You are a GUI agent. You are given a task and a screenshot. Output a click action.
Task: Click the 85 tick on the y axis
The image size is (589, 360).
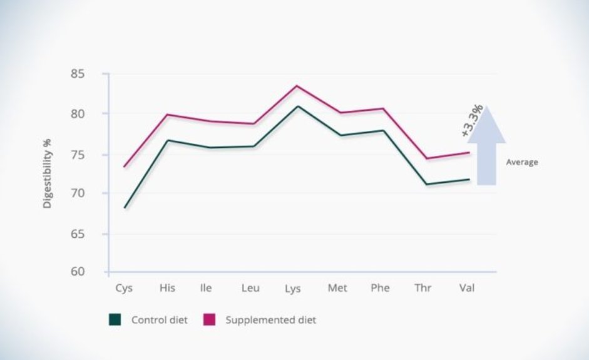(93, 75)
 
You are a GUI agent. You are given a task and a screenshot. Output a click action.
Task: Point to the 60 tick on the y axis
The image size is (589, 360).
(93, 272)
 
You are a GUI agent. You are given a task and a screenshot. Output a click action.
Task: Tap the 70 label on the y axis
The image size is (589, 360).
(93, 193)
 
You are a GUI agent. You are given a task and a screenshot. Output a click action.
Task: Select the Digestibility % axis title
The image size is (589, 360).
(48, 174)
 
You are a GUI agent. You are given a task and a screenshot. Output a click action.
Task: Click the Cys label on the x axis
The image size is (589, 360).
(123, 288)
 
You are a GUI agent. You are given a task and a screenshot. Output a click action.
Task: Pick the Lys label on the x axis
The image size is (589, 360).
(293, 289)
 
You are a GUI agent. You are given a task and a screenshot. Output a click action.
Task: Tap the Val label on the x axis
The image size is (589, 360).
(466, 288)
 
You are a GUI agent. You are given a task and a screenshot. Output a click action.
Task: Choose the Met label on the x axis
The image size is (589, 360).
(337, 288)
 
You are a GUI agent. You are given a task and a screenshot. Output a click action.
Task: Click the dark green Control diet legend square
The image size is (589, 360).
(115, 320)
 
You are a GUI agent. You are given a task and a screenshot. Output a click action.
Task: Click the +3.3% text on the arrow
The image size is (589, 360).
(473, 121)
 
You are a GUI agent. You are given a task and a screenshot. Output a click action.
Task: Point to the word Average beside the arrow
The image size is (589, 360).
(521, 162)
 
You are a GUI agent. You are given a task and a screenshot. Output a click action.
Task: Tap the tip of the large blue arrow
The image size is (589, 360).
(486, 108)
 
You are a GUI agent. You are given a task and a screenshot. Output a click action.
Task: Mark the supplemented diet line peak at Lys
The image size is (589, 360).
(297, 86)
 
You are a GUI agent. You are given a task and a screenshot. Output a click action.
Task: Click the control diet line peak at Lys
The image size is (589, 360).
(297, 106)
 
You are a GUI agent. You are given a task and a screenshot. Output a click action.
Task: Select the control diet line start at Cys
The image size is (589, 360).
(125, 208)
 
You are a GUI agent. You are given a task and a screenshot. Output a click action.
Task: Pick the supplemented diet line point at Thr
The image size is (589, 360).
(426, 158)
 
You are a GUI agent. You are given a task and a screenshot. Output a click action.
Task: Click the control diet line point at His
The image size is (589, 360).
(168, 140)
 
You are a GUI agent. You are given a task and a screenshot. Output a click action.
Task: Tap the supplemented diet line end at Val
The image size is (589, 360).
(469, 152)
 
